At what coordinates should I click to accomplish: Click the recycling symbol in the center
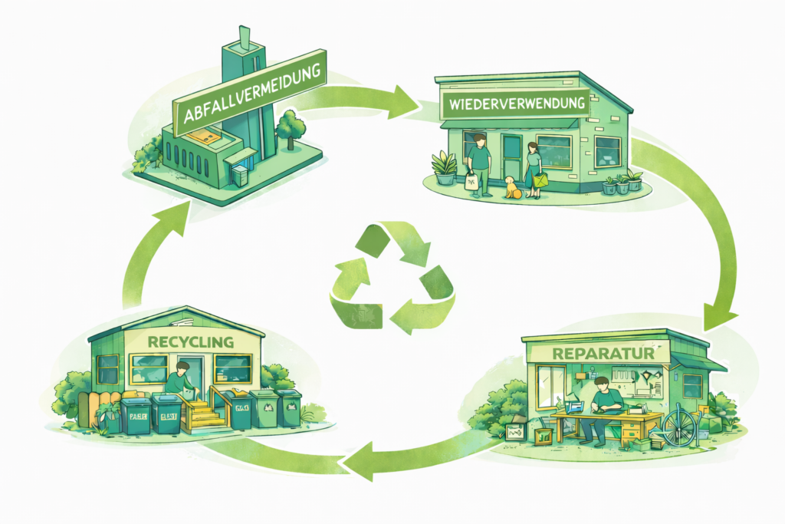pos(392,278)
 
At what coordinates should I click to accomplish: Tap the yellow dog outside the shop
pos(511,187)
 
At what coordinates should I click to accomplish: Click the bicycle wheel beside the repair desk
pos(678,427)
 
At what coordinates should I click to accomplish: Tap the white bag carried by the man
pos(473,181)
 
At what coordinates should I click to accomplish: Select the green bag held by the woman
pos(541,180)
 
